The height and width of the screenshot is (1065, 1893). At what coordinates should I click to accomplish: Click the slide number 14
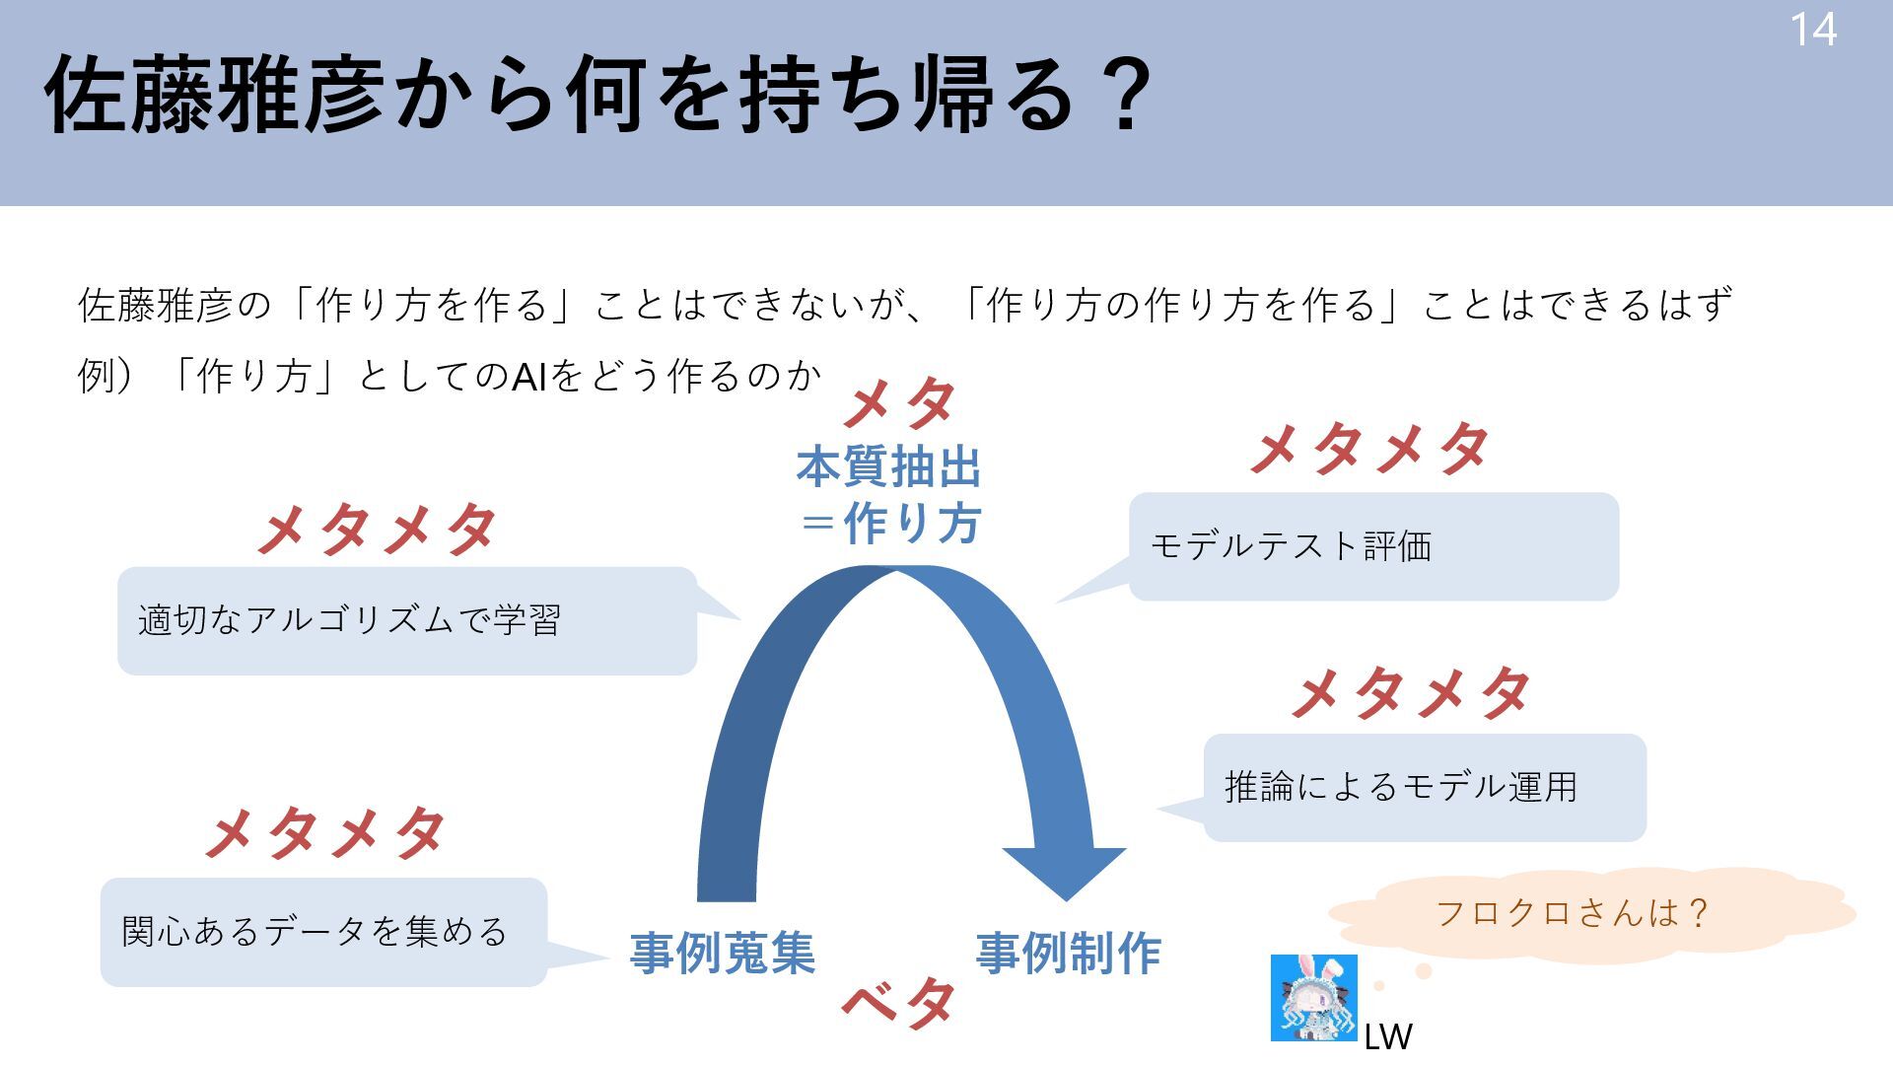click(1812, 31)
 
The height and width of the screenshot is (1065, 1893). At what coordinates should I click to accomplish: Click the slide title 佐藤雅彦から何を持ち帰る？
click(597, 96)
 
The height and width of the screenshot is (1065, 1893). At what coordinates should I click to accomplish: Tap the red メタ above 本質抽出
click(899, 403)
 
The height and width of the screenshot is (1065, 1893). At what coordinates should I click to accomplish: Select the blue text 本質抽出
click(888, 467)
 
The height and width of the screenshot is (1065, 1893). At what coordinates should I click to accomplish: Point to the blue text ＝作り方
click(890, 523)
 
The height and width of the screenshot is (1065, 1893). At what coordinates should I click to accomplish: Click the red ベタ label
click(898, 1003)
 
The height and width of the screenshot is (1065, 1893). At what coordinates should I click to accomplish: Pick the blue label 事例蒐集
click(723, 954)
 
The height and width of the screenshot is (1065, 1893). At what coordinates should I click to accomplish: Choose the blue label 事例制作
click(1069, 954)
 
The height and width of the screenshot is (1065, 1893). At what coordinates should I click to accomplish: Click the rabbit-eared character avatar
click(1313, 997)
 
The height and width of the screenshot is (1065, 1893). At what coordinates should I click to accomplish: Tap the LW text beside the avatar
click(1388, 1036)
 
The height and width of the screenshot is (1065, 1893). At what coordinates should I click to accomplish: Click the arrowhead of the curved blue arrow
click(1065, 872)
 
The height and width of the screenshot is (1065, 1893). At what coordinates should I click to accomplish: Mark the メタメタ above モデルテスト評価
click(1369, 449)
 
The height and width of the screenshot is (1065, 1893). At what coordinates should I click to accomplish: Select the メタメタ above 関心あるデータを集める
click(325, 833)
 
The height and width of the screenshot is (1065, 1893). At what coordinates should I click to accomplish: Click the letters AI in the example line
click(528, 377)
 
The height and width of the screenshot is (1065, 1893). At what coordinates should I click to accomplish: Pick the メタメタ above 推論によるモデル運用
click(1411, 692)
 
